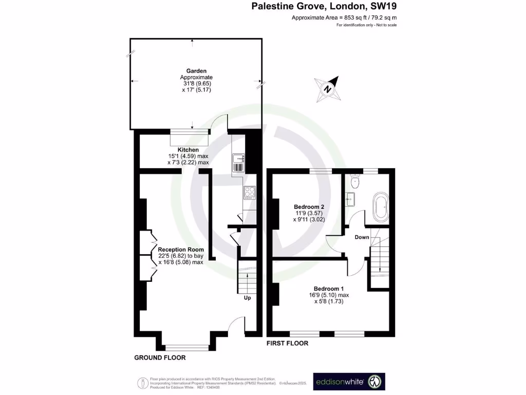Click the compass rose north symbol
[x=328, y=88]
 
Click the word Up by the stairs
[x=247, y=297]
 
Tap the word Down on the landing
[x=362, y=237]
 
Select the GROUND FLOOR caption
[x=160, y=357]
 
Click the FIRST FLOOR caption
[x=287, y=343]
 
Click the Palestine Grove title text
[x=324, y=7]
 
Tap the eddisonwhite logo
[x=349, y=382]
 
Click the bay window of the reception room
[x=187, y=347]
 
